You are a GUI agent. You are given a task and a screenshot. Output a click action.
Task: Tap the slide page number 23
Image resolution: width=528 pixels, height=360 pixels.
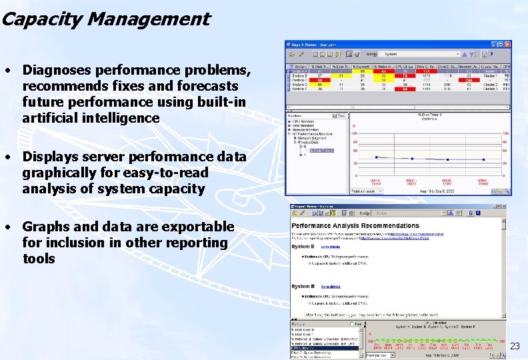(515, 346)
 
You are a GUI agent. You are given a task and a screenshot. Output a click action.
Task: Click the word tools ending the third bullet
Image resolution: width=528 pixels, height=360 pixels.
(39, 259)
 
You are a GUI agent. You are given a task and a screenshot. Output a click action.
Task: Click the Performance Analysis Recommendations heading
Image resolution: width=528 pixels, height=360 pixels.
(355, 226)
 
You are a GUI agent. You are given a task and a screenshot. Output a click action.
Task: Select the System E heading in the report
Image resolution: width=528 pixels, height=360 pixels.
(304, 247)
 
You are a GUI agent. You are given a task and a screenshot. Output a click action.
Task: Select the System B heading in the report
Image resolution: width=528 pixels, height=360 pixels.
(304, 287)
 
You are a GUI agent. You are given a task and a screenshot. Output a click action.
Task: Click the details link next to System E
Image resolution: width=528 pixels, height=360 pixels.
(331, 247)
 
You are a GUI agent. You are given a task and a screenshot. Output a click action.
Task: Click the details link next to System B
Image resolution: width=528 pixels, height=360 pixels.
(331, 287)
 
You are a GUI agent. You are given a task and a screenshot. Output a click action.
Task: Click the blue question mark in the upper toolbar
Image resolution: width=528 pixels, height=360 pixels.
(491, 54)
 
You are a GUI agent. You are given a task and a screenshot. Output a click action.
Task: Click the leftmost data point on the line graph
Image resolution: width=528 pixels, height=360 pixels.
(378, 157)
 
